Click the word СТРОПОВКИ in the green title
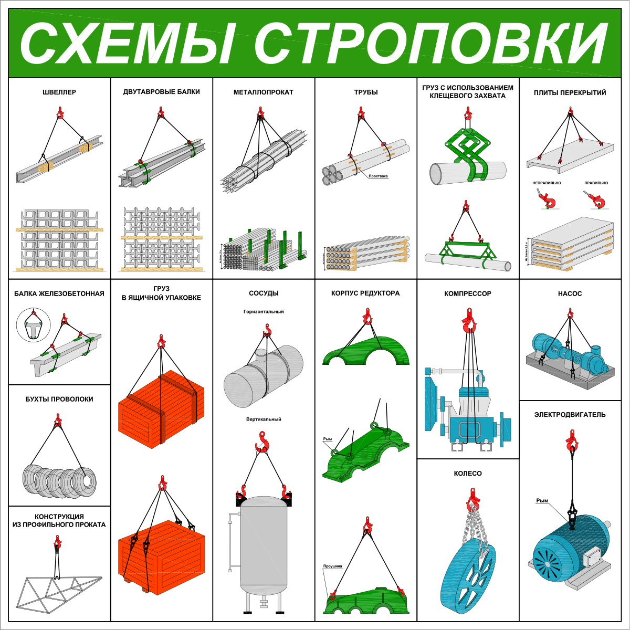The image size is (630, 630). pos(432,43)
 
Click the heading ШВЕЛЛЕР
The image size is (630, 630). pos(59,92)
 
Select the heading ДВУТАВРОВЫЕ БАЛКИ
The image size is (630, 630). pos(162,92)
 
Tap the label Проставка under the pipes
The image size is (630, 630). pos(378,176)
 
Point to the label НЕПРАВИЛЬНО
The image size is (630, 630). pos(547,183)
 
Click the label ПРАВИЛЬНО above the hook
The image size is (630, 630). pos(596,183)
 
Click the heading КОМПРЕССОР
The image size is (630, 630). pos(468,294)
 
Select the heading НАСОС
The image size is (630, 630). pos(570,294)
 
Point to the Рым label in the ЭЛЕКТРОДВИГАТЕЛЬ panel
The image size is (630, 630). pos(542,501)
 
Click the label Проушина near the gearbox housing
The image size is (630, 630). pos(332,566)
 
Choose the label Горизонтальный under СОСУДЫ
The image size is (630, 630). pos(264,312)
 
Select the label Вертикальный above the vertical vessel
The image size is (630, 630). pos(264,419)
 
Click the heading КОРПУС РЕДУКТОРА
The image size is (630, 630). pos(365,293)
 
